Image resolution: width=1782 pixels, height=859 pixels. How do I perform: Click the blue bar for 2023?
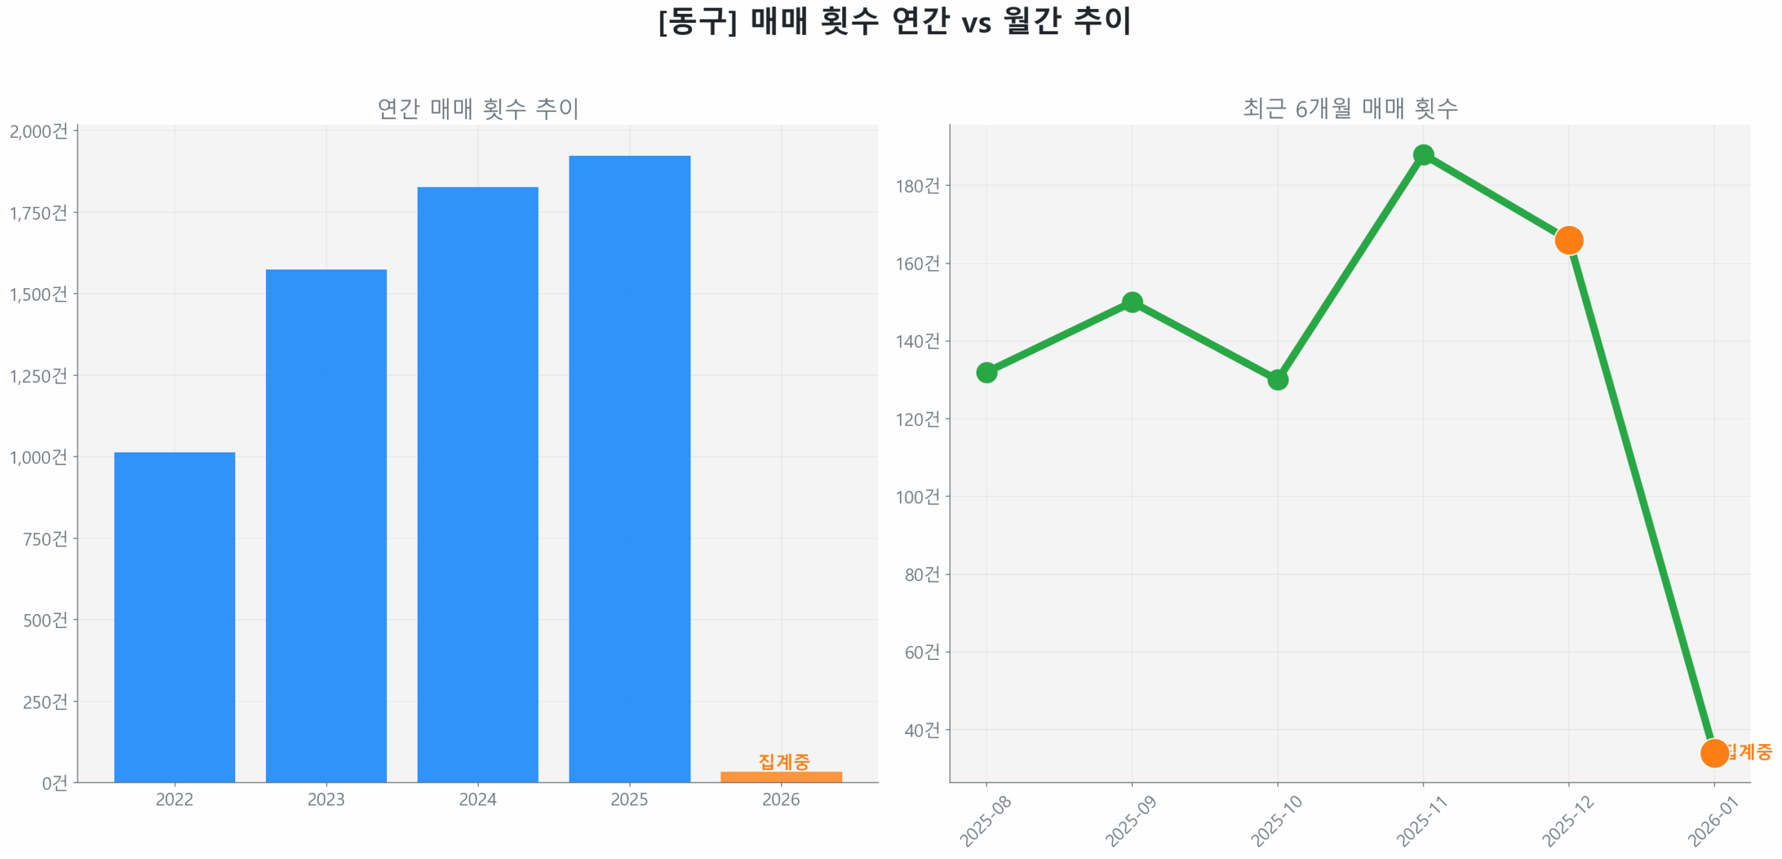(326, 526)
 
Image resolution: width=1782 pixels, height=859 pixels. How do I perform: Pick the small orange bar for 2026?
(781, 777)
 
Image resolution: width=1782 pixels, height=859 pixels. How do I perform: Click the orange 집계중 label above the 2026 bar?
(784, 761)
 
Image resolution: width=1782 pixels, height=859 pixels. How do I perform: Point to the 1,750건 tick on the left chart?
(39, 213)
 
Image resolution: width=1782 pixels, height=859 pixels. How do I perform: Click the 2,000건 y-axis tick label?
(39, 132)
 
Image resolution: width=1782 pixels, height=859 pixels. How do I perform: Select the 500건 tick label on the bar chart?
(46, 620)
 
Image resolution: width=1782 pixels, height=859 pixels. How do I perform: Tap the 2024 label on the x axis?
(478, 799)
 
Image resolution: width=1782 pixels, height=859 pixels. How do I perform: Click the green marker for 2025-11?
(1424, 155)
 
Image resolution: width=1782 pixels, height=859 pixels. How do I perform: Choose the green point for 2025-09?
(1132, 302)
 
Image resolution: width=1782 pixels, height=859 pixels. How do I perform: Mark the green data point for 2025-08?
(986, 372)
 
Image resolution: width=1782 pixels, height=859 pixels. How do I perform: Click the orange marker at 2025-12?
(1569, 240)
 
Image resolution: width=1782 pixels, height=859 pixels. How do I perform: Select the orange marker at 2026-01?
(1714, 753)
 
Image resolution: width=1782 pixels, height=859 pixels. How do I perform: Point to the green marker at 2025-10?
(1277, 380)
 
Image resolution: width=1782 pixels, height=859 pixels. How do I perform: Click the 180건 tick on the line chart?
(917, 186)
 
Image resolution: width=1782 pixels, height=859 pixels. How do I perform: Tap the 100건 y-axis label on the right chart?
(917, 497)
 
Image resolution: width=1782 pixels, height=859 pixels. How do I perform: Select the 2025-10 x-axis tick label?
(1277, 821)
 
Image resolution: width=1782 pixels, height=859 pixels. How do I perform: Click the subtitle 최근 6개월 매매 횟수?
(1350, 109)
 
